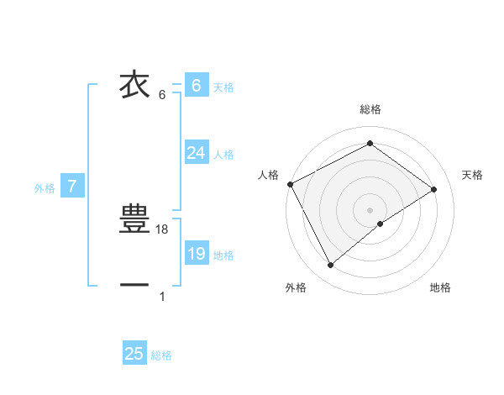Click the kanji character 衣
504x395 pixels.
point(134,85)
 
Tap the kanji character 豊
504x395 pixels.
point(134,219)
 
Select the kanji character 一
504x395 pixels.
point(134,286)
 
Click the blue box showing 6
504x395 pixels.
point(196,85)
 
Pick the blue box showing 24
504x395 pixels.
point(196,153)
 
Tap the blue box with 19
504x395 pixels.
point(196,254)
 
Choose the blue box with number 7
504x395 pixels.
point(72,187)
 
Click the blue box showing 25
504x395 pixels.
point(134,354)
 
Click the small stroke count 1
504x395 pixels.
point(162,296)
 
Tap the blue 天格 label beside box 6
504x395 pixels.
point(223,87)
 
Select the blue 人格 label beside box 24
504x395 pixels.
point(223,155)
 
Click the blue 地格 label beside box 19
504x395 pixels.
point(223,255)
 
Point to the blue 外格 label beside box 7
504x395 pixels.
point(45,188)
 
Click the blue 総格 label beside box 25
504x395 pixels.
point(161,355)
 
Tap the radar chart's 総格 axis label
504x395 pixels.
point(370,109)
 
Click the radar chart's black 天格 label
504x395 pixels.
point(472,175)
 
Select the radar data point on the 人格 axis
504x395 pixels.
point(290,184)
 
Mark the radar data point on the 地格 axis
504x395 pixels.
point(381,224)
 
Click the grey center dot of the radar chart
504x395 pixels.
point(370,209)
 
